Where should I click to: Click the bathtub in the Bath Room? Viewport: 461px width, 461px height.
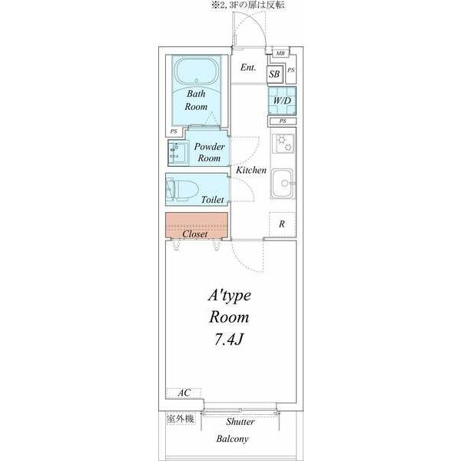click(x=197, y=71)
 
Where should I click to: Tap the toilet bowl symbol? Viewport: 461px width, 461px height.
click(x=183, y=190)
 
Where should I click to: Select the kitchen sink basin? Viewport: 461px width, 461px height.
click(x=282, y=183)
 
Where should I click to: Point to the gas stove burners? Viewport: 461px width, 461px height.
click(x=283, y=144)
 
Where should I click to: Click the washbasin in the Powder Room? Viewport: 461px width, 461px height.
click(x=178, y=153)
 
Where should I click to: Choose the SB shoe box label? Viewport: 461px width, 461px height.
click(x=274, y=74)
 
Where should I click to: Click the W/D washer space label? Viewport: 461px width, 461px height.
click(x=282, y=101)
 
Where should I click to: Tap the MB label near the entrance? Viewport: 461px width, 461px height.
click(x=280, y=53)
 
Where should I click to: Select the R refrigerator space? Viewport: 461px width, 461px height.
click(x=282, y=224)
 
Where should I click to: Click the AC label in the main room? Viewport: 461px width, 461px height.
click(x=184, y=393)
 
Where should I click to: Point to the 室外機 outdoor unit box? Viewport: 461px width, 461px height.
click(x=181, y=419)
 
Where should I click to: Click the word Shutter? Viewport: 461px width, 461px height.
click(x=240, y=422)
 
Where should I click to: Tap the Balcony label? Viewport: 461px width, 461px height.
click(x=232, y=439)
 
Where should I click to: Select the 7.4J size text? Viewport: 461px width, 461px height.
click(x=228, y=340)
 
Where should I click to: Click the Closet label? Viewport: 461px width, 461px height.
click(x=195, y=234)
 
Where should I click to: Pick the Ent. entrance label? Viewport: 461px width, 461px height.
click(x=248, y=68)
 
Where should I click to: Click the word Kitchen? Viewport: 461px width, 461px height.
click(x=251, y=170)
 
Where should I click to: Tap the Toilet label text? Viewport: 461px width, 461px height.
click(x=212, y=200)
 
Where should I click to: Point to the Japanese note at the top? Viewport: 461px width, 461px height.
click(x=247, y=5)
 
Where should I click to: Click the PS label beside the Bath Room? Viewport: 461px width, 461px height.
click(x=174, y=131)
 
